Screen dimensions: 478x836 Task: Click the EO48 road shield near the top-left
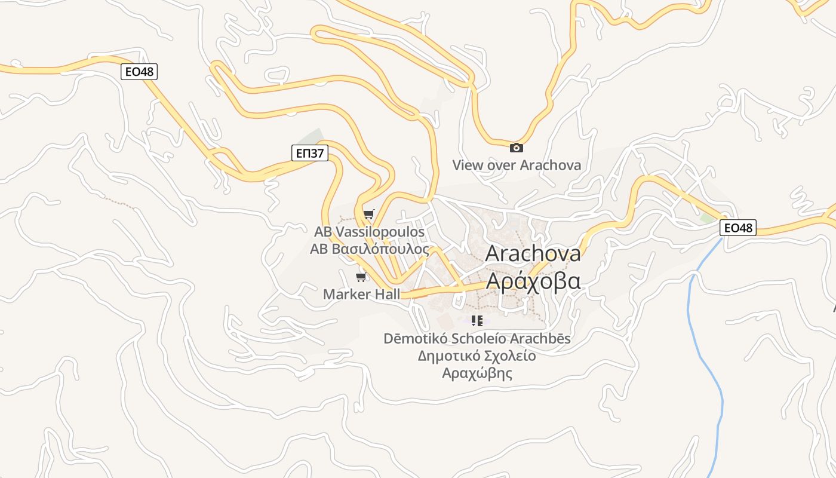coord(139,72)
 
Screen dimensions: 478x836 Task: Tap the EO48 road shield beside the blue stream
coord(738,228)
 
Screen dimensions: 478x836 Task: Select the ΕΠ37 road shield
coord(311,154)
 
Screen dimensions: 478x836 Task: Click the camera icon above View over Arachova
coord(516,148)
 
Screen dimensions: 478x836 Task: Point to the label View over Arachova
coord(516,165)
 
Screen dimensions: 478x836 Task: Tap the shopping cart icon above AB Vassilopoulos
coord(369,215)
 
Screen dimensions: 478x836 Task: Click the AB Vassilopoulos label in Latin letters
coord(369,232)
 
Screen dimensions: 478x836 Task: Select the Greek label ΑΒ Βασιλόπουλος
coord(369,249)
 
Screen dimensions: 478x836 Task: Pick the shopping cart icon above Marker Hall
coord(361,277)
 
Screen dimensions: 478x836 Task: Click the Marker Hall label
coord(361,294)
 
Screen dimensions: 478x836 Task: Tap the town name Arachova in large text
coord(533,253)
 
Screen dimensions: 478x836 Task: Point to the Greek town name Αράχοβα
coord(533,280)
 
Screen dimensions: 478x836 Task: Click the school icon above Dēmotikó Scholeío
coord(477,321)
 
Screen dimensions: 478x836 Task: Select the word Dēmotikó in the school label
coord(415,339)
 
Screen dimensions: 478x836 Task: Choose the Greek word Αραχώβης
coord(477,373)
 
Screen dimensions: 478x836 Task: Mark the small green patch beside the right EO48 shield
coord(708,218)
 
